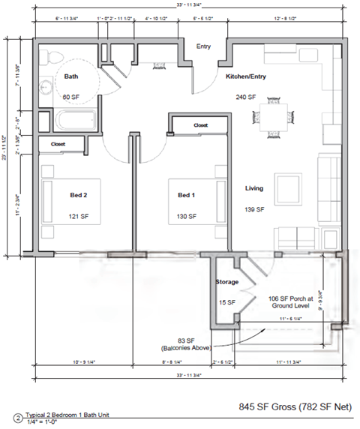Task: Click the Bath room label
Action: (x=71, y=76)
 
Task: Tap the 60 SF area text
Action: (x=71, y=97)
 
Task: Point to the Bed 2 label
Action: (x=79, y=196)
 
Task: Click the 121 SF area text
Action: (x=80, y=217)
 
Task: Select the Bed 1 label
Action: (x=186, y=196)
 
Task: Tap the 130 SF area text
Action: (x=187, y=217)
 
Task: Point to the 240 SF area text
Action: (x=246, y=97)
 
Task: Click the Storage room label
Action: (x=227, y=282)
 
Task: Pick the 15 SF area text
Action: (x=226, y=302)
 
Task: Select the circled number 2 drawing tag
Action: (x=16, y=418)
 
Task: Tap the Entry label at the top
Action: (x=204, y=46)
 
